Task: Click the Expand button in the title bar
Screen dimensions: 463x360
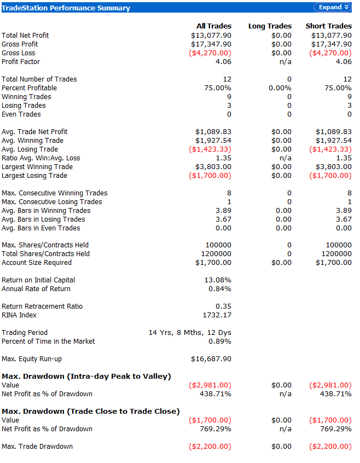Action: [x=332, y=7]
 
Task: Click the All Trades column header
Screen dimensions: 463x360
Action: [x=214, y=26]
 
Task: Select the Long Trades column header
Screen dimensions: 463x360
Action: [x=270, y=26]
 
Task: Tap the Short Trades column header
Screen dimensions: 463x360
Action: [x=328, y=26]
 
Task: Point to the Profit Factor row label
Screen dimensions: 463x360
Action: [x=21, y=62]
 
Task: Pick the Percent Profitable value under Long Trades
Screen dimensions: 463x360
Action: [x=280, y=88]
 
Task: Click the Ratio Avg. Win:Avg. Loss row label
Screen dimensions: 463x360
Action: [x=41, y=158]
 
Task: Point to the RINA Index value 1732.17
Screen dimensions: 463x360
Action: [x=217, y=315]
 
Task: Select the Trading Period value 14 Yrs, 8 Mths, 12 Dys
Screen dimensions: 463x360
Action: [x=190, y=333]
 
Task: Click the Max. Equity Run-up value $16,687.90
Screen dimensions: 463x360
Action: [x=211, y=359]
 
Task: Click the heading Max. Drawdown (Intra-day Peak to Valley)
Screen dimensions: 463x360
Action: [x=86, y=377]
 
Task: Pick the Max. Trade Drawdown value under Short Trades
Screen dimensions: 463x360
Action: [x=330, y=447]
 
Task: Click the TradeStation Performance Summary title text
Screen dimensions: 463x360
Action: [x=66, y=8]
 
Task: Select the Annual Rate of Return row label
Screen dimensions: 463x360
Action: [x=36, y=289]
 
